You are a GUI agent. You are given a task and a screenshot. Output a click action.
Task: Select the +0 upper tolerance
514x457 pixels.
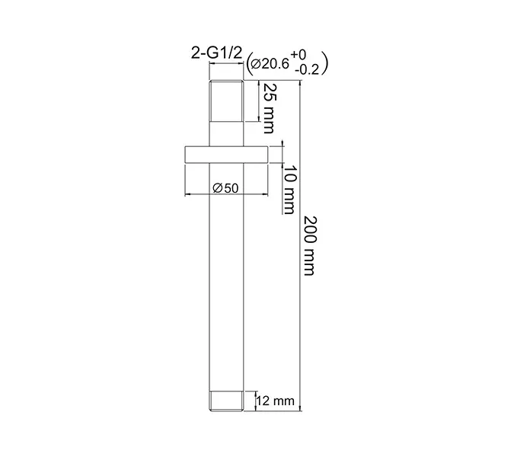299,56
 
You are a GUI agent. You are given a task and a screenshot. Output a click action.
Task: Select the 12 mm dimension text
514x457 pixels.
273,400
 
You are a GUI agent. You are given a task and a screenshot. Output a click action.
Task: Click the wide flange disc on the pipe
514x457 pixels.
227,154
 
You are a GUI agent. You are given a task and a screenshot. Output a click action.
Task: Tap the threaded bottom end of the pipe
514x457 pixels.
227,401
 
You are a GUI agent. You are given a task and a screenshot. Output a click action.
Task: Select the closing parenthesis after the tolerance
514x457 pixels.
325,64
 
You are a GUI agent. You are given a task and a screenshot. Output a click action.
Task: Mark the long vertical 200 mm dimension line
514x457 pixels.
299,244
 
